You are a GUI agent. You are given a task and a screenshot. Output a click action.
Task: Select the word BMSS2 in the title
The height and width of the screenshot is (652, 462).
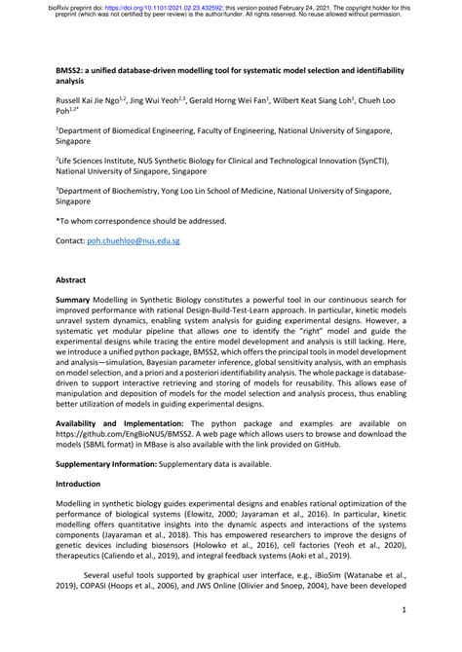[70, 72]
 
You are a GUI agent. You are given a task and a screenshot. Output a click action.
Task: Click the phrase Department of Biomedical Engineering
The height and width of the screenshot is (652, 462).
[133, 127]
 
